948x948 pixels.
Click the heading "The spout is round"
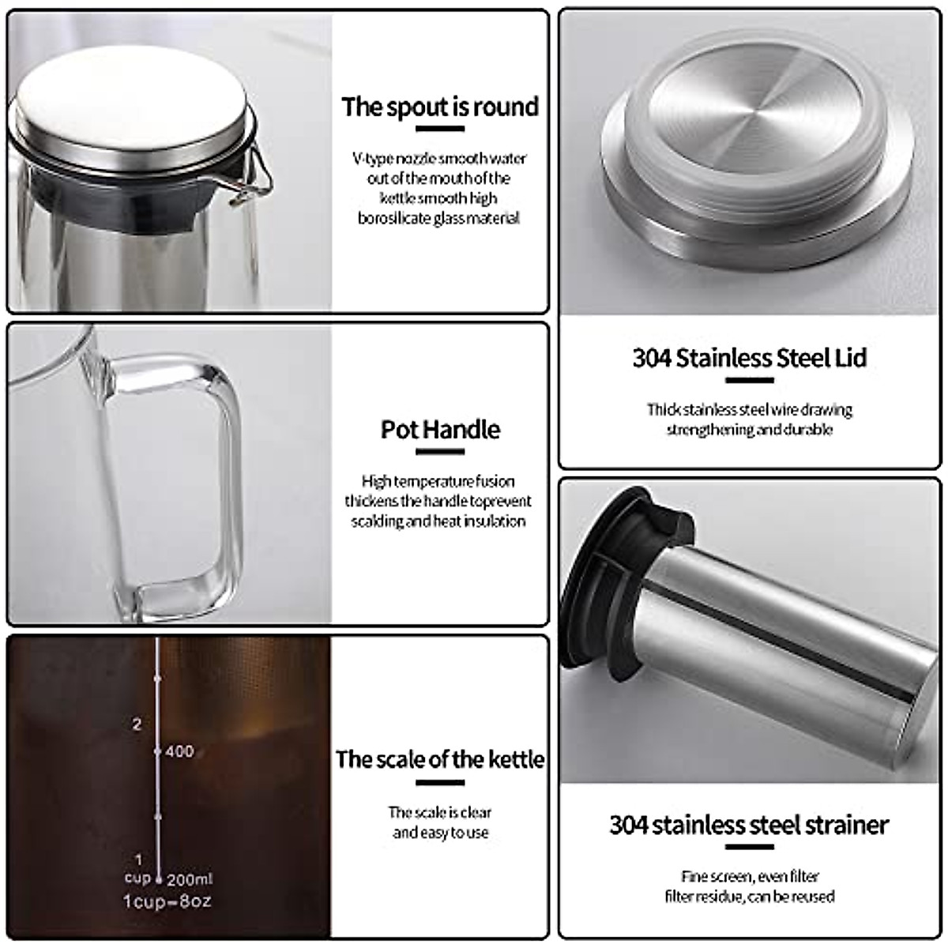[x=440, y=107]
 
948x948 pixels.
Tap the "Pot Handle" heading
[x=440, y=430]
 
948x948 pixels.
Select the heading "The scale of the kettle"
[x=440, y=759]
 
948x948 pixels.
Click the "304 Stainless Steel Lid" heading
[x=749, y=358]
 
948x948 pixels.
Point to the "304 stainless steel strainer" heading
[x=749, y=825]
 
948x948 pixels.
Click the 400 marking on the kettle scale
[x=179, y=750]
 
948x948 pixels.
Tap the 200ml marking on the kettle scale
[x=190, y=878]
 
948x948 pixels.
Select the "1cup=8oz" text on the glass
[x=167, y=901]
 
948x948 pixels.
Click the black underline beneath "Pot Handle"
[x=440, y=453]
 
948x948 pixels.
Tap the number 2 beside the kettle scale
[x=137, y=724]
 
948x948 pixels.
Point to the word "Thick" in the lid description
[x=662, y=410]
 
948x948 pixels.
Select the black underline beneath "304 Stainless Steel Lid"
[x=749, y=380]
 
